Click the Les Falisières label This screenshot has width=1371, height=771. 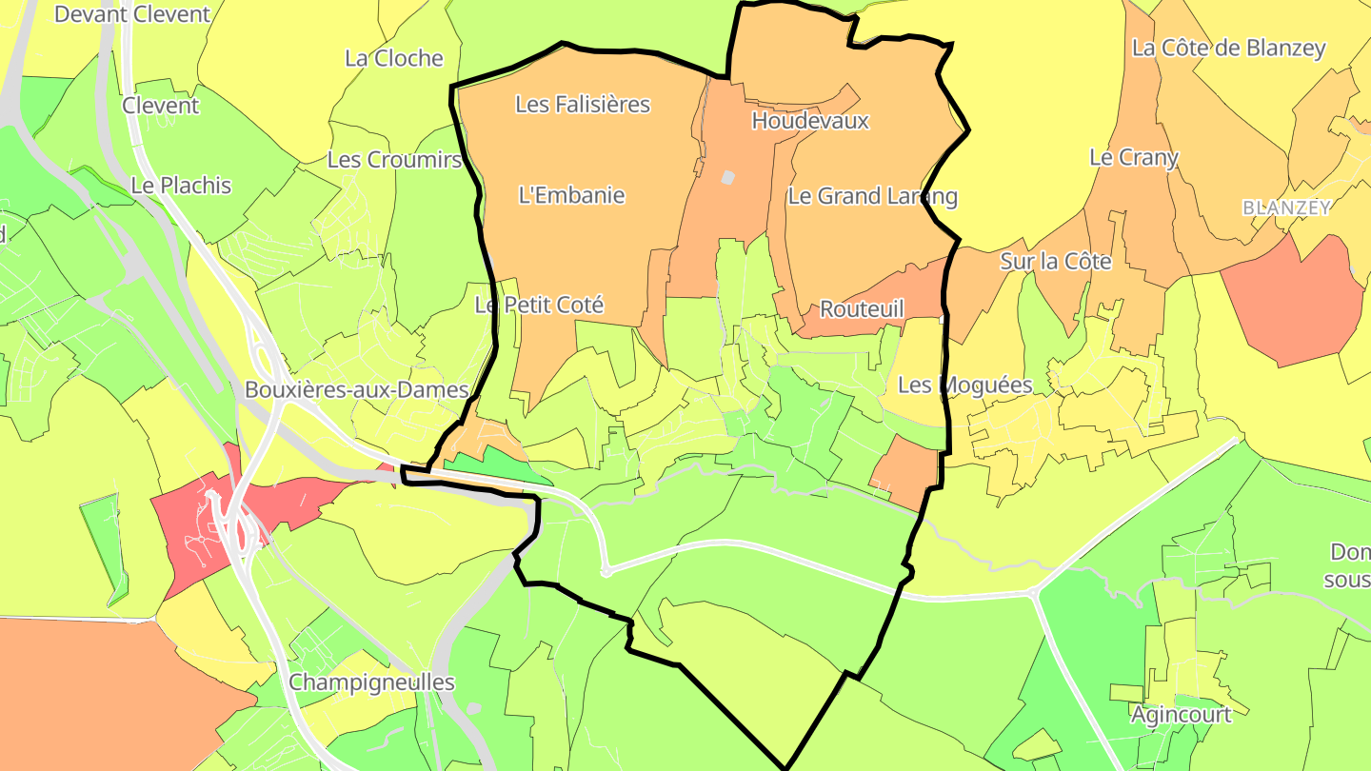(582, 104)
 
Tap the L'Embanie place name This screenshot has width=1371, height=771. (571, 195)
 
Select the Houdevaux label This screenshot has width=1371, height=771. (810, 121)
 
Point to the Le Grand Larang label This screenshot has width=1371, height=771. (872, 196)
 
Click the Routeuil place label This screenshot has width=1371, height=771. (862, 308)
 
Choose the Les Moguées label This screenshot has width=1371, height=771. (965, 385)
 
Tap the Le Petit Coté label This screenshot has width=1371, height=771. (539, 305)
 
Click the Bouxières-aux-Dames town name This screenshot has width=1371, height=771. (357, 389)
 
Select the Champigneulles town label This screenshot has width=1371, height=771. (371, 682)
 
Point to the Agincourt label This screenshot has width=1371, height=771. (1182, 714)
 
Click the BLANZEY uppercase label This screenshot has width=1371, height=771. (1286, 207)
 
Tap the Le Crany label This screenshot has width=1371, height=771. (1133, 157)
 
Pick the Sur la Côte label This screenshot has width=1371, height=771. (1055, 261)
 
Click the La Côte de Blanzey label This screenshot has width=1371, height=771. (1228, 48)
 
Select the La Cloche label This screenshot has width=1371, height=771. (394, 58)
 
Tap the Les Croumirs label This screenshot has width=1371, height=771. (394, 159)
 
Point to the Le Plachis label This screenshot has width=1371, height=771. (181, 185)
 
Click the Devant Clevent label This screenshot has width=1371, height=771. (131, 14)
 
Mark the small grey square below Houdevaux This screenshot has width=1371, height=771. (728, 177)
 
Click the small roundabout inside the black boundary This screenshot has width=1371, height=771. (606, 571)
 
